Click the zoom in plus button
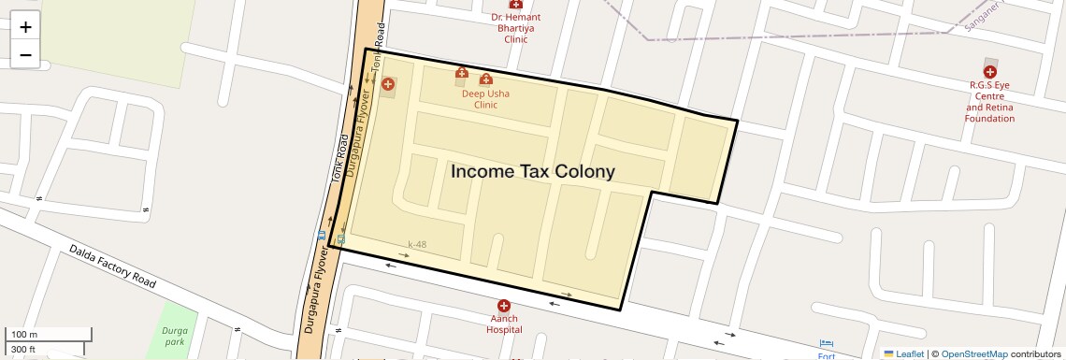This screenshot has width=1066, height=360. [25, 27]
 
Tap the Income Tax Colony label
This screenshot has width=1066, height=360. [533, 171]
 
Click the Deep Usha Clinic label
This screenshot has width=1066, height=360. [485, 99]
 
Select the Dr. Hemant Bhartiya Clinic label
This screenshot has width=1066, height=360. [516, 28]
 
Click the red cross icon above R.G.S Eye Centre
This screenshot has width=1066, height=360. [990, 71]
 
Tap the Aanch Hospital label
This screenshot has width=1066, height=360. [504, 324]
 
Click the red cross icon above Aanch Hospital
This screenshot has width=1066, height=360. [504, 306]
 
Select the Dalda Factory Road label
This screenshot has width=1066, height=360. [111, 266]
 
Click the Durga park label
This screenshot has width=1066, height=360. [175, 337]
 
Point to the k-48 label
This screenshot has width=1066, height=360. [417, 245]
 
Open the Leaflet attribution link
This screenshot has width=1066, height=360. [910, 353]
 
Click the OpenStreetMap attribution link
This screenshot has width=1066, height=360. [973, 353]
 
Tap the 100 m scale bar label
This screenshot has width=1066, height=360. [24, 334]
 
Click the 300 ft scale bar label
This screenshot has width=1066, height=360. [24, 349]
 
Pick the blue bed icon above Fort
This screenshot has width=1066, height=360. [826, 343]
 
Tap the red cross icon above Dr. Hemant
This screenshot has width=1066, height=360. [515, 5]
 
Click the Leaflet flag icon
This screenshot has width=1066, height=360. [888, 353]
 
